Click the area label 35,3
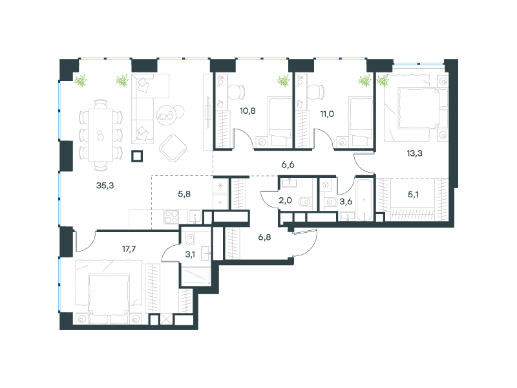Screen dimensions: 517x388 105,186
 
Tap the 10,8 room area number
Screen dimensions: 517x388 248,111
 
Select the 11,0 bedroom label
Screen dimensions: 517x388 327,114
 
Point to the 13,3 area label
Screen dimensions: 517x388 414,153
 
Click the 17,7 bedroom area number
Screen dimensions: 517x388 129,249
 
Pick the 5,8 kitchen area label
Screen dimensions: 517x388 184,194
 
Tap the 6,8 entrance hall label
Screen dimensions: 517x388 264,237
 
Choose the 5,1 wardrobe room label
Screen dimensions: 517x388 413,195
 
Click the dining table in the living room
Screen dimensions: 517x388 101,135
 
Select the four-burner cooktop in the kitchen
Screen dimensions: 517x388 171,217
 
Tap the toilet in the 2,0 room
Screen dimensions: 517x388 305,201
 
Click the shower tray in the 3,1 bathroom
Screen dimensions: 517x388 196,277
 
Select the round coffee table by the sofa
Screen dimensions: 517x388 167,116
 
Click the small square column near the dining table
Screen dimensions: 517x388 137,156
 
